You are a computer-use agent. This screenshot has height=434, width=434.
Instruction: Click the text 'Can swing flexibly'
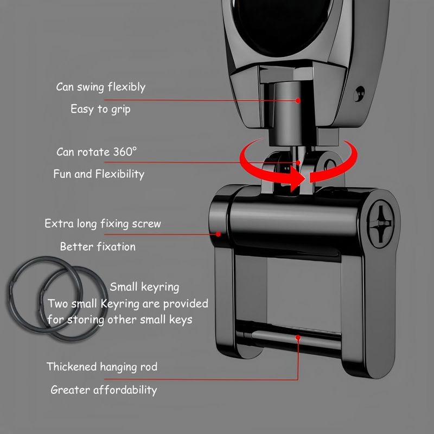click(x=101, y=87)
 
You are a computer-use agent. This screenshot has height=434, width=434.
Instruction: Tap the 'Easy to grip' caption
click(x=100, y=109)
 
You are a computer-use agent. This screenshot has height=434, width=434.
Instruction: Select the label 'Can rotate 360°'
click(x=97, y=152)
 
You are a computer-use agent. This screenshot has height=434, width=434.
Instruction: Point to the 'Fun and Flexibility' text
click(x=99, y=174)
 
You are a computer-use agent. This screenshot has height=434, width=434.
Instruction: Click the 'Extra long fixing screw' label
click(x=103, y=224)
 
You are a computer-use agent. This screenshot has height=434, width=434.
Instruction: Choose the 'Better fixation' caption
click(x=98, y=247)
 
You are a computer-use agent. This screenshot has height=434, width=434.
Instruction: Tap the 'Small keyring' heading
click(x=144, y=287)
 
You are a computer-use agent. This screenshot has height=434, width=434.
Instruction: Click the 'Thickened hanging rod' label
click(x=102, y=367)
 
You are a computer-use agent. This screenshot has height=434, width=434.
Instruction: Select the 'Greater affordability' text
click(x=104, y=390)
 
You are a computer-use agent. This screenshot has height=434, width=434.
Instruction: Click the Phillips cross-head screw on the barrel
click(x=381, y=223)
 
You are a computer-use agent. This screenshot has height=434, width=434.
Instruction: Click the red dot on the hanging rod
click(x=298, y=338)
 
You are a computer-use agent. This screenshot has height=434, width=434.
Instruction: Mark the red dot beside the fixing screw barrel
click(x=218, y=234)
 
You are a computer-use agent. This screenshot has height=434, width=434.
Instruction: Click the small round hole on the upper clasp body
click(x=360, y=93)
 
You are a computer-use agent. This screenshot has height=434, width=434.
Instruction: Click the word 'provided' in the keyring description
click(x=186, y=304)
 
